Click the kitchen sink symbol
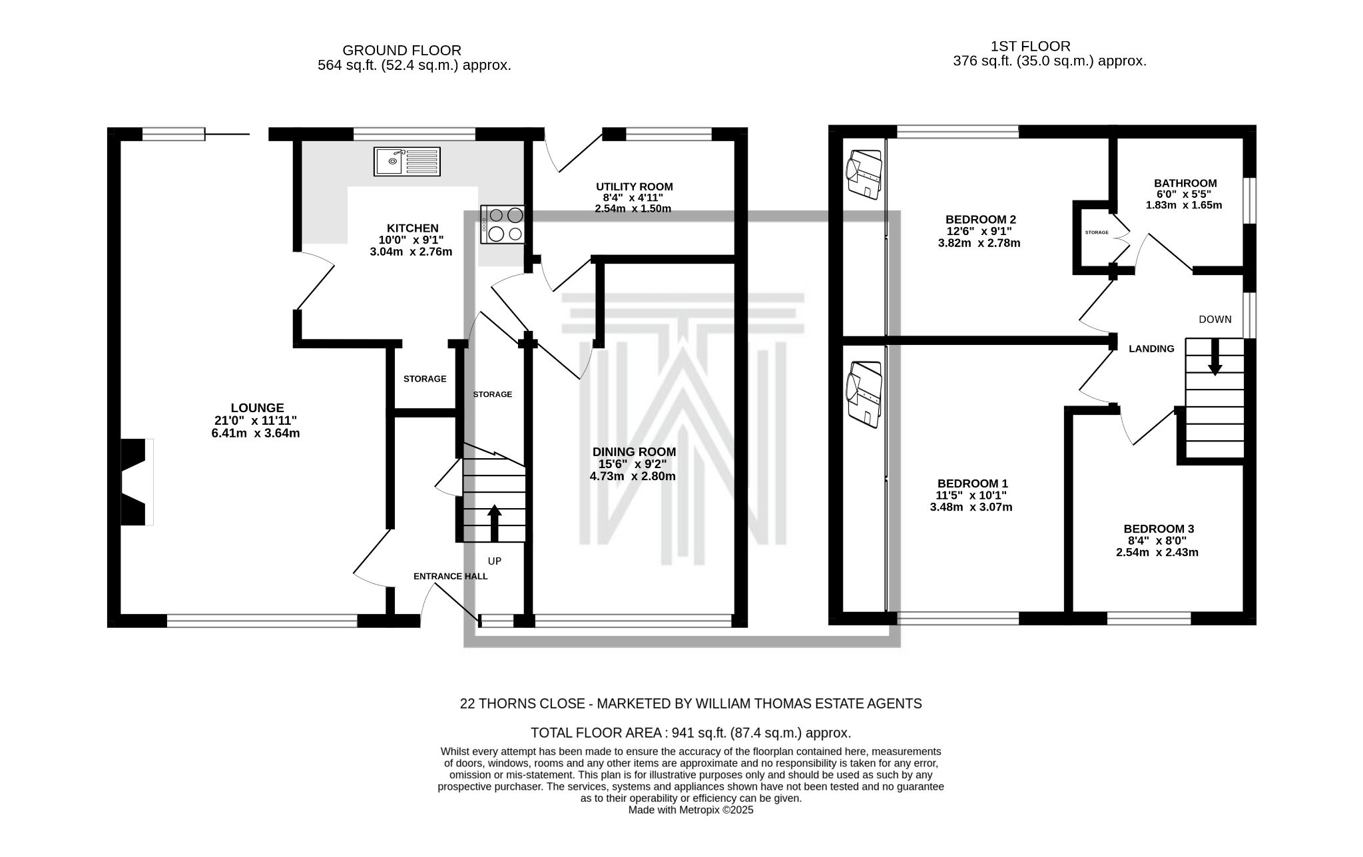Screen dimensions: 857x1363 tap(407, 161)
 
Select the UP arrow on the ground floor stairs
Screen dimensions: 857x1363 tap(494, 523)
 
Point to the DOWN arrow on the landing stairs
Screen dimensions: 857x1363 tap(1215, 357)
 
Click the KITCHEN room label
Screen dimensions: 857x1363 tap(413, 228)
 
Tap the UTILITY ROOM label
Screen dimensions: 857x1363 tap(634, 187)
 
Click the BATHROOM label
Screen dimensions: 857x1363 tap(1185, 183)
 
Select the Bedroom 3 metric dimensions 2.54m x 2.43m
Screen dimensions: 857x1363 tap(1157, 552)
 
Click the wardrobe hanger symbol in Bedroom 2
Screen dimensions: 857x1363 tap(864, 174)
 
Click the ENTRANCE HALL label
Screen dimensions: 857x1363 tap(451, 576)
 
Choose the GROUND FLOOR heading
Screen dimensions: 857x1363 tap(402, 51)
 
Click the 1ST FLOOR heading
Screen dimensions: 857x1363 tap(1030, 47)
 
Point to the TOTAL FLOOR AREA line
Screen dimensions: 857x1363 tap(690, 733)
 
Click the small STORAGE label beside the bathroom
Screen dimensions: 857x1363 tap(1097, 232)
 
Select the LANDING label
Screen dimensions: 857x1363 tap(1151, 348)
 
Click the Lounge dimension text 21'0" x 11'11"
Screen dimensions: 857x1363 tap(255, 420)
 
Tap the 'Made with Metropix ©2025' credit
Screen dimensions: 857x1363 tap(690, 810)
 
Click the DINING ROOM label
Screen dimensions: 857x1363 tap(633, 452)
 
